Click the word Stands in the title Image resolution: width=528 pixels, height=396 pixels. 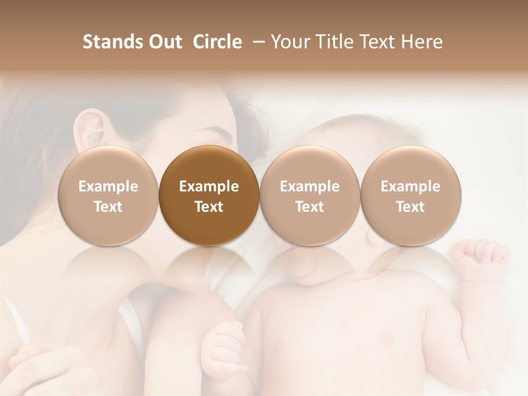(111, 42)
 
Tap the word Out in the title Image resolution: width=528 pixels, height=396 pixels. (164, 42)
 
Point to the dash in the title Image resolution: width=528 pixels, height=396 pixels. (257, 42)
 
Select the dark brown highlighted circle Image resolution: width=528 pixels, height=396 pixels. (209, 196)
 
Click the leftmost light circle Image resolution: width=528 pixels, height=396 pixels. (108, 196)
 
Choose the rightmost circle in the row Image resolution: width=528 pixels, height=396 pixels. (411, 196)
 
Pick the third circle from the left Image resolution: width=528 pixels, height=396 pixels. (310, 196)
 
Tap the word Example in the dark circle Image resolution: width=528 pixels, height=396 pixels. (209, 186)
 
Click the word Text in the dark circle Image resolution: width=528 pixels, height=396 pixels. (209, 207)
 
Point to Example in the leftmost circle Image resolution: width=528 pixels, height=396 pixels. (108, 186)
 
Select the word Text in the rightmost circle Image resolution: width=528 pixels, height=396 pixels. (411, 207)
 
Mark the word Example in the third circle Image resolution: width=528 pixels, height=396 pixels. (310, 186)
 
